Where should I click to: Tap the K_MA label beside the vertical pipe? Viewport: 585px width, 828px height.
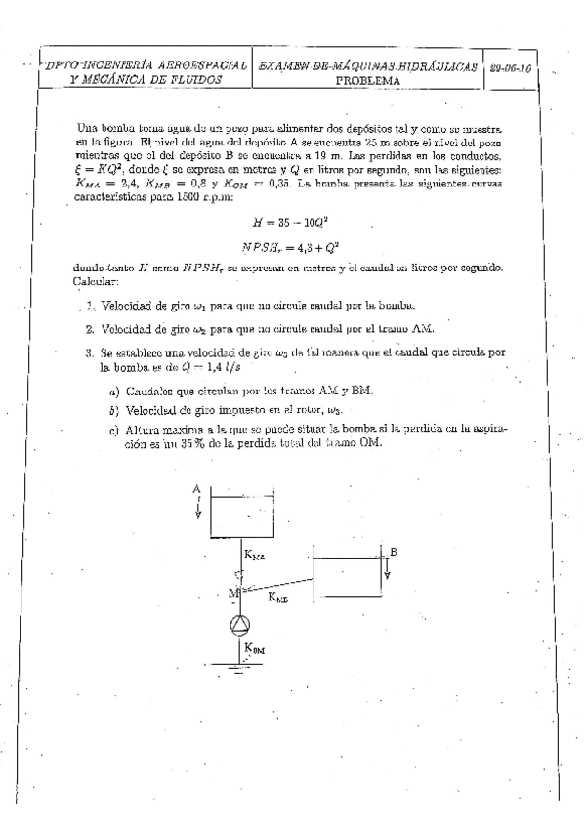[x=254, y=558]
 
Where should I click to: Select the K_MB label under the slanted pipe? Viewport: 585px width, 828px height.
[x=278, y=598]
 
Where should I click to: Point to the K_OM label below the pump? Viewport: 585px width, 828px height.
[x=254, y=647]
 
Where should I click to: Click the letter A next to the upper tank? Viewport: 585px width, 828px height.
[x=197, y=487]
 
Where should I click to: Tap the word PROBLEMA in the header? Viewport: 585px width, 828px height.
[x=367, y=81]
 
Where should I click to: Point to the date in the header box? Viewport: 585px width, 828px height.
[x=510, y=70]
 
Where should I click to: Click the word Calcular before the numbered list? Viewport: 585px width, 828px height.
[x=96, y=281]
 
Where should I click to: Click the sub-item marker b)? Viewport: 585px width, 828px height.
[x=114, y=410]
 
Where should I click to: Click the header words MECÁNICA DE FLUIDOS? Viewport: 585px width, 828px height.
[x=146, y=80]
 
